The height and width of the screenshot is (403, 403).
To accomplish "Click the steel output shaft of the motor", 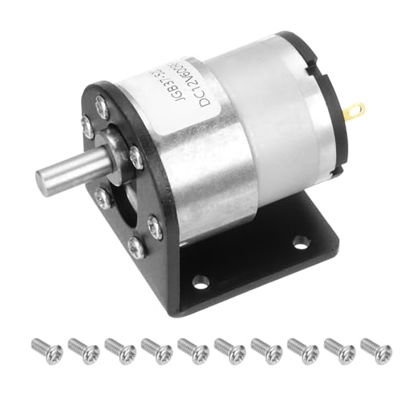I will pos(77,168).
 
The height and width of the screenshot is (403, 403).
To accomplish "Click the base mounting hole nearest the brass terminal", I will pos(300,240).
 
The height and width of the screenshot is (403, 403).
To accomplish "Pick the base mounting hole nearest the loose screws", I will pos(201,282).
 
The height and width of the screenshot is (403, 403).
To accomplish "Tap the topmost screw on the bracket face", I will pos(102,103).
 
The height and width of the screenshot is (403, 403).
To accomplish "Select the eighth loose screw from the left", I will pos(302,348).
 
